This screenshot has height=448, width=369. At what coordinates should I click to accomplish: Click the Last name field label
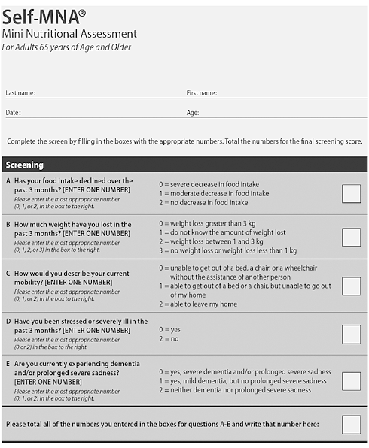tap(20, 93)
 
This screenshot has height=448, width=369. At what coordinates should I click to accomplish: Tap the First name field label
tap(202, 93)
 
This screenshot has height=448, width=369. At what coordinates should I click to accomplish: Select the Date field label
tap(13, 112)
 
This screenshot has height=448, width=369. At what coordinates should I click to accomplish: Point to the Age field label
tap(193, 112)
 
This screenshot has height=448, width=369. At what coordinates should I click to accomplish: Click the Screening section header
tap(25, 165)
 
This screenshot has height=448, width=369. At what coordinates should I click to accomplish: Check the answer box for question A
tap(351, 193)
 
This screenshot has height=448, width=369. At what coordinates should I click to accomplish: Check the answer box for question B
tap(351, 237)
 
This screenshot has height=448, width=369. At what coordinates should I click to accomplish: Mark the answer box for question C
tap(351, 286)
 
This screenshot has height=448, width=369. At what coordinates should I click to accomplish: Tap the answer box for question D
tap(351, 334)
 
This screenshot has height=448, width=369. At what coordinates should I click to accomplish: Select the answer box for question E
tap(351, 381)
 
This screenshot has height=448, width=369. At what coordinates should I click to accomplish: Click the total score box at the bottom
tap(351, 425)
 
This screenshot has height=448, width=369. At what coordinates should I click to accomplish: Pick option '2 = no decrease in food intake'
tap(203, 202)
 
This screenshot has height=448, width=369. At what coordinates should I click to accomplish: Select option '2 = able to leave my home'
tap(197, 304)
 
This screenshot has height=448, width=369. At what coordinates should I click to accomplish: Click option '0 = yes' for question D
tap(172, 329)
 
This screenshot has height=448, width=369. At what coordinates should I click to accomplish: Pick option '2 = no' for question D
tap(170, 339)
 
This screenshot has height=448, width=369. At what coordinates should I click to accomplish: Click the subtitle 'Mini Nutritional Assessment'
tap(69, 34)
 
